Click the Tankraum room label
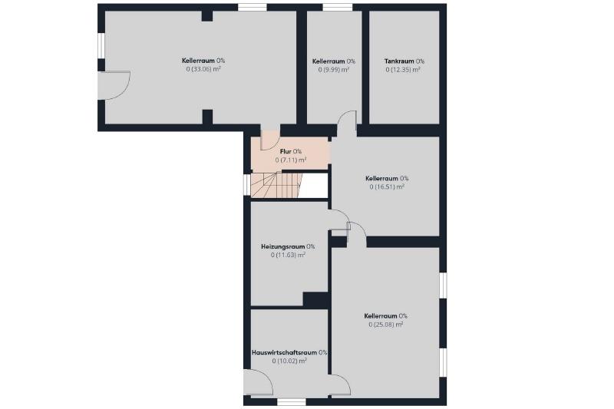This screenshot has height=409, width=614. click(399, 61)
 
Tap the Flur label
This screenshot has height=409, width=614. click(286, 151)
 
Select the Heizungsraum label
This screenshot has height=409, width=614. click(282, 246)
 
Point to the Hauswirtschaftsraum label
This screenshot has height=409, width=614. click(284, 352)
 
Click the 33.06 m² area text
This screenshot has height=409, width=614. click(203, 69)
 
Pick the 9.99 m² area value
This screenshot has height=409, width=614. click(334, 70)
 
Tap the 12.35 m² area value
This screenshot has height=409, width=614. click(403, 70)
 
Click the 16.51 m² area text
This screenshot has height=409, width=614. click(387, 186)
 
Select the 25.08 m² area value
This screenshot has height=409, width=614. click(386, 325)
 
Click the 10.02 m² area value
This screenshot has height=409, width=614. click(289, 361)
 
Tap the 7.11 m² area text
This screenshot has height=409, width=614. click(291, 160)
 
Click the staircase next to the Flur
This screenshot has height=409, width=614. click(276, 186)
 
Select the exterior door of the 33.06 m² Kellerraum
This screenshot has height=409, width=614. click(114, 85)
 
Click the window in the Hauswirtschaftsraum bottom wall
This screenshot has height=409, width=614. click(292, 402)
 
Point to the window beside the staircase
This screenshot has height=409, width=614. click(246, 184)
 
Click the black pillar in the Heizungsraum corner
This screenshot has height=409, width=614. click(315, 300)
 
